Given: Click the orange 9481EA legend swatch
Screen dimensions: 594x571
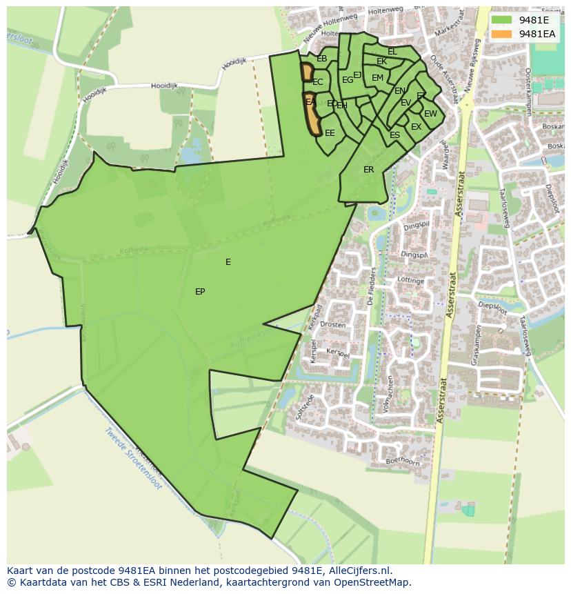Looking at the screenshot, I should pos(502,34).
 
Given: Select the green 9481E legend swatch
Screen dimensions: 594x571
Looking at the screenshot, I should pos(502,20).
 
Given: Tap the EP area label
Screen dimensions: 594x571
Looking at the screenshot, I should pos(200,292).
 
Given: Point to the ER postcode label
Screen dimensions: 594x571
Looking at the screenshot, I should pos(369,170).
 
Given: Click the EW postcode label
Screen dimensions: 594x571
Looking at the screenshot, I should pos(430,114).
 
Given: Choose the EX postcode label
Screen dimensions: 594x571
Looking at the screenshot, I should pos(416,127).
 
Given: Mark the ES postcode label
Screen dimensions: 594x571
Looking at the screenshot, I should pos(394,135).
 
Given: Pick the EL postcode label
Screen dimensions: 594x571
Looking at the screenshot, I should pos(392,52).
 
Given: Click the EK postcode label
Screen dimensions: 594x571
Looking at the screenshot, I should pos(381,61).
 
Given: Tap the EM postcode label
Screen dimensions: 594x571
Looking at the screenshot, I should pos(377,78).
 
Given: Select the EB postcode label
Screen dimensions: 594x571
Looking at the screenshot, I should pos(322,59).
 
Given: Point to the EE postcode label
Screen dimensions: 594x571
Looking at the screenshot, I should pos(330,133).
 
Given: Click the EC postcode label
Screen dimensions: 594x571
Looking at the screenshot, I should pos(318,82).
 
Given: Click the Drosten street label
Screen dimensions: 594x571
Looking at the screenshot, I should pos(333,324).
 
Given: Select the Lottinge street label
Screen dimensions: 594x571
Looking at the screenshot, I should pos(411,281).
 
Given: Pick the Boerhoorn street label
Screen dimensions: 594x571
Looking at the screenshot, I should pos(403,460).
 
